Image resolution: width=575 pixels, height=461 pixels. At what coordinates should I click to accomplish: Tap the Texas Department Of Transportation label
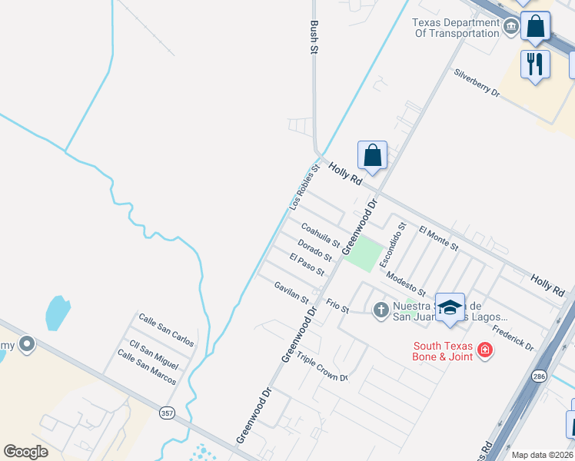click(457, 28)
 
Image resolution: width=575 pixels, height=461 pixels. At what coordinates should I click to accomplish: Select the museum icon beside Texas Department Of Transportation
click(510, 28)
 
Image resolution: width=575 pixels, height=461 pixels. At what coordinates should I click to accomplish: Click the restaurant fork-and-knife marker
click(535, 64)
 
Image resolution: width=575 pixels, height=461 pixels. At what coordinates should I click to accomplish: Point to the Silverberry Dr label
click(477, 83)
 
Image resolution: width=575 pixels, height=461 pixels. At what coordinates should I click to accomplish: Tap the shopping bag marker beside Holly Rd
click(372, 156)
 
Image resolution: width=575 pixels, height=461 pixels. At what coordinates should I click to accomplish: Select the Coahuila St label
click(321, 235)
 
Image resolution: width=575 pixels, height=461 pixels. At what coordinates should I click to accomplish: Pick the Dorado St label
click(314, 251)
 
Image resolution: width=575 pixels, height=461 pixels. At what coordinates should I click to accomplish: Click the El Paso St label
click(307, 265)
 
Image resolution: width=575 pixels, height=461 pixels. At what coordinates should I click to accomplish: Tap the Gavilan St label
click(291, 292)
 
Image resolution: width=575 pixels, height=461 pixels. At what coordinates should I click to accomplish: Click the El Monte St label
click(439, 239)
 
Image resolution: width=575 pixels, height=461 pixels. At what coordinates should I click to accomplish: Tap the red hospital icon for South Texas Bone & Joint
click(484, 351)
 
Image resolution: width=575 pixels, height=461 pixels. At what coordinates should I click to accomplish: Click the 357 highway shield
click(167, 413)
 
